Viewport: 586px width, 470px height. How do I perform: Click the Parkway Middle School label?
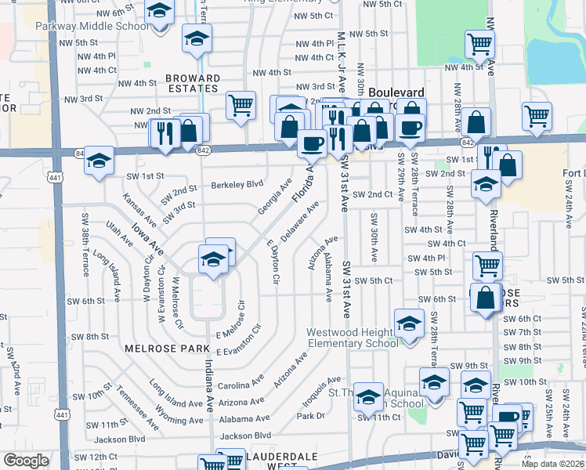point(92,25)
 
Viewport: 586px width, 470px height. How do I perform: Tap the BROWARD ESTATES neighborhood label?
point(193,84)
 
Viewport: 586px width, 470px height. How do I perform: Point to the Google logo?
point(26,461)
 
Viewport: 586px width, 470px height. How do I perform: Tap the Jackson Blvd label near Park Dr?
point(245,436)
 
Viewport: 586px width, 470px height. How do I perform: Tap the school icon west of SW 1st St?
point(99,161)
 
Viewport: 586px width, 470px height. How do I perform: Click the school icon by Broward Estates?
point(197,37)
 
